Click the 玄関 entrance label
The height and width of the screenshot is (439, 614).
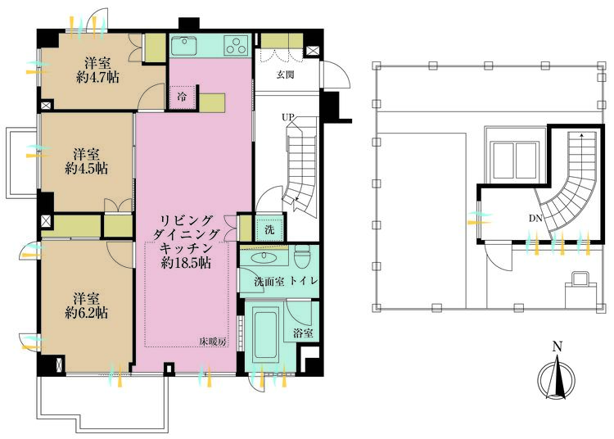(284, 75)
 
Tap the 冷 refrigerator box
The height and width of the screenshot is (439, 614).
(183, 96)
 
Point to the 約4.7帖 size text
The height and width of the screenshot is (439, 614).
(86, 79)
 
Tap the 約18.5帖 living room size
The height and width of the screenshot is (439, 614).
(188, 263)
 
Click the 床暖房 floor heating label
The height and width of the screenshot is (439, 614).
(210, 341)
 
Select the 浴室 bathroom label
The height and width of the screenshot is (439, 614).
(302, 333)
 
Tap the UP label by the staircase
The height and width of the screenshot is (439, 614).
(288, 117)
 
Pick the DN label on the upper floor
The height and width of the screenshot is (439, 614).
(535, 218)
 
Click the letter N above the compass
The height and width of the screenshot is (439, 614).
(557, 346)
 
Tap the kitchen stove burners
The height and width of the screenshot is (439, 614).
(236, 44)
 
